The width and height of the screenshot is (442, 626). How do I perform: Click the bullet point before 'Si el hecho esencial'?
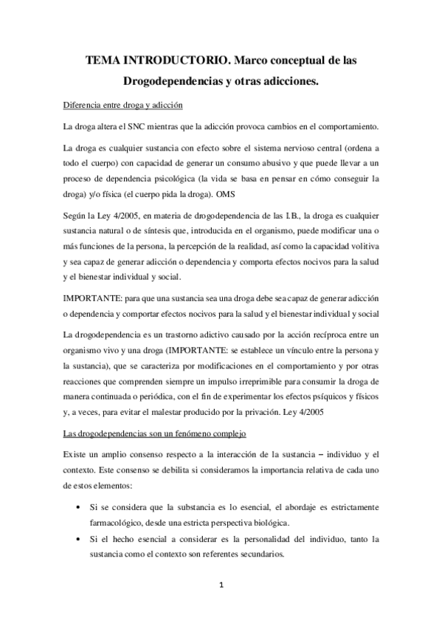(80, 540)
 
